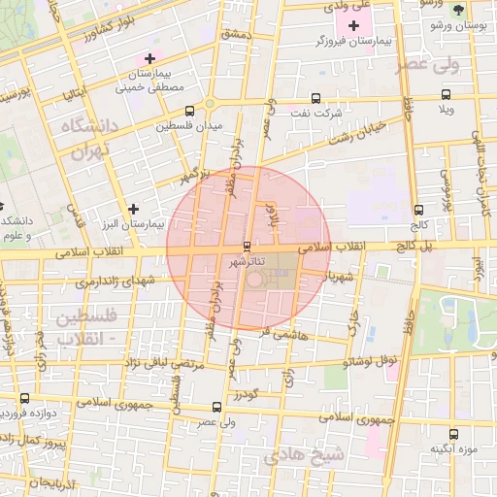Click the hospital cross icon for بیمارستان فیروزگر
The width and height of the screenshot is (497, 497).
coord(353,24)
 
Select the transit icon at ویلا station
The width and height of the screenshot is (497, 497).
coord(446,95)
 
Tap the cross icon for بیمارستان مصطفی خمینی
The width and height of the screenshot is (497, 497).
coord(149,58)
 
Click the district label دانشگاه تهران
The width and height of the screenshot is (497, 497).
coord(88,140)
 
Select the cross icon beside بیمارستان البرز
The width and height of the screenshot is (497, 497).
coord(133,208)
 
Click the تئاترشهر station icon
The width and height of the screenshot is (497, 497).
coord(247,245)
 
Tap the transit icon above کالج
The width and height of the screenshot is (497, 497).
coord(418,209)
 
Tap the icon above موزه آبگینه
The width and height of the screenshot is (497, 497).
coord(453,433)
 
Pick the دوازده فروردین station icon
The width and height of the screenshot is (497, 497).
coord(24,398)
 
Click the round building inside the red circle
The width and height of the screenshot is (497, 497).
coord(255,281)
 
